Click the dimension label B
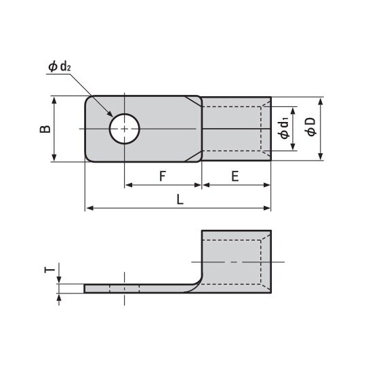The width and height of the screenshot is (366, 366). coord(42,129)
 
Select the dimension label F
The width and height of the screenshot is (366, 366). coord(163,176)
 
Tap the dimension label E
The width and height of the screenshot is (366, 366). coord(235,176)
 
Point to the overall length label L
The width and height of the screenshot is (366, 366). coord(179,199)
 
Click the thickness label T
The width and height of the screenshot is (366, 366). coord(47,270)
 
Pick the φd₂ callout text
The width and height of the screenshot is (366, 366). coord(59,66)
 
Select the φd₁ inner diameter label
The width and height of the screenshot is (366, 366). coord(285,129)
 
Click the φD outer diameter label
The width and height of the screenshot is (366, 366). coord(310,127)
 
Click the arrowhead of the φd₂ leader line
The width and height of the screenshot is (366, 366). coord(112,116)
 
